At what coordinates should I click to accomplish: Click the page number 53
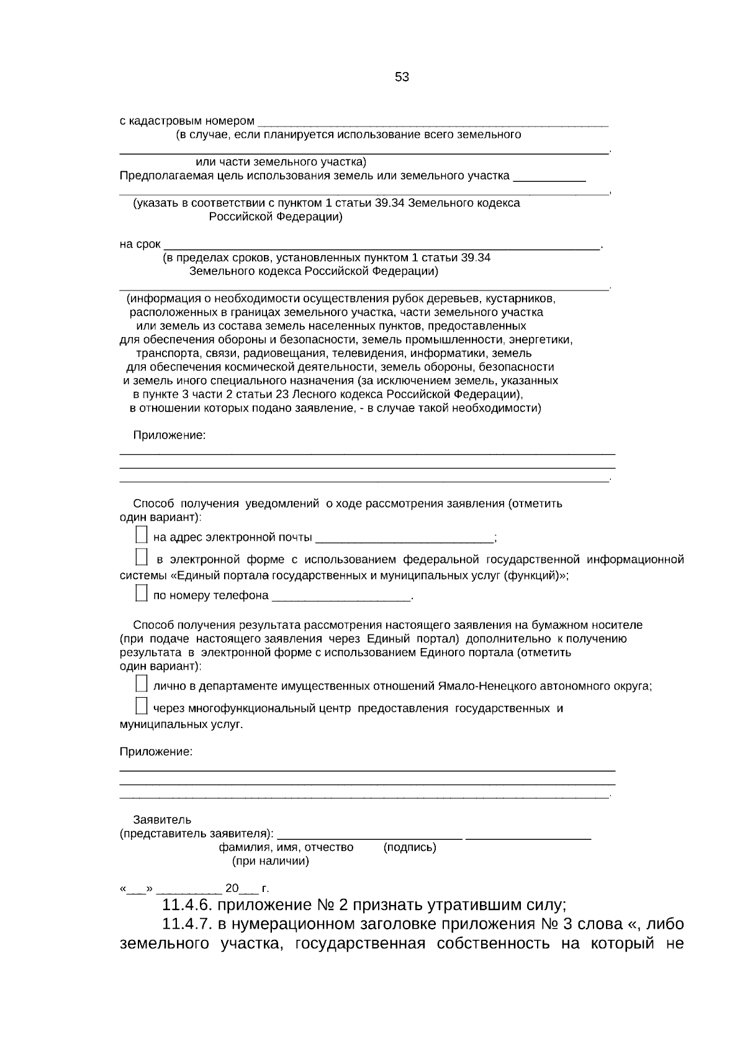[402, 78]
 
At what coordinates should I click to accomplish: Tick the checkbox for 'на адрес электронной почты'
[141, 535]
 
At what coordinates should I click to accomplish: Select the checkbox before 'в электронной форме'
[141, 557]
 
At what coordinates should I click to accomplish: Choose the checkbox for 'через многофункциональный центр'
[141, 706]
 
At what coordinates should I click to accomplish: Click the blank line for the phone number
[341, 597]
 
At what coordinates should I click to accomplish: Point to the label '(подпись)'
[410, 847]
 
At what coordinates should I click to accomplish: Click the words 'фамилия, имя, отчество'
[286, 847]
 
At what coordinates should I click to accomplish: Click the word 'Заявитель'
[162, 820]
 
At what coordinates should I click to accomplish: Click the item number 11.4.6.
[187, 903]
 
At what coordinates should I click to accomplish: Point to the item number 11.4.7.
[187, 924]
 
